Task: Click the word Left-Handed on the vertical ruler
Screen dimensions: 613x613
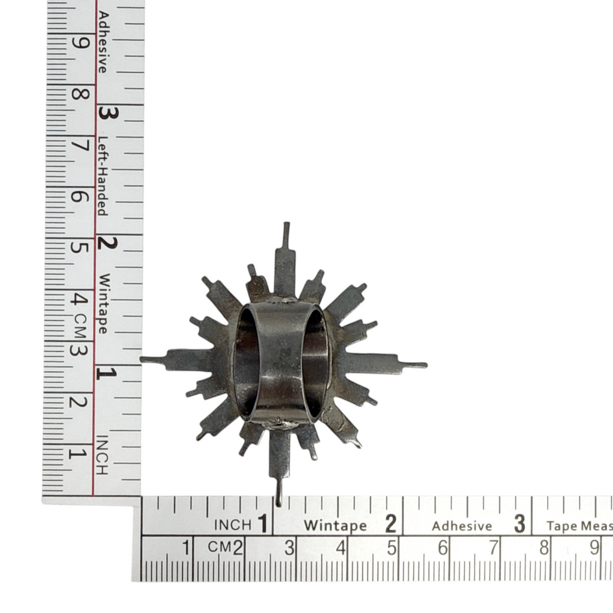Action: [x=102, y=176]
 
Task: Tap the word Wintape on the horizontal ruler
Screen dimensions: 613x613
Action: [x=335, y=526]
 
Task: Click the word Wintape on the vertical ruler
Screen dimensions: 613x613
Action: [x=103, y=304]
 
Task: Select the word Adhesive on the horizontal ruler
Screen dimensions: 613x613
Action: [x=462, y=526]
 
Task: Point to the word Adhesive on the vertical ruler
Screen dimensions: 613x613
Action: [x=102, y=43]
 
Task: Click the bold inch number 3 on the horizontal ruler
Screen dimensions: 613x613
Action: [x=520, y=524]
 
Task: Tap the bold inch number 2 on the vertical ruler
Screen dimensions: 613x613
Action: [x=107, y=243]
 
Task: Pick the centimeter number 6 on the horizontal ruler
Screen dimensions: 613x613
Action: [x=442, y=548]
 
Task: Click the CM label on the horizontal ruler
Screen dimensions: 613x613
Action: [x=220, y=547]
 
